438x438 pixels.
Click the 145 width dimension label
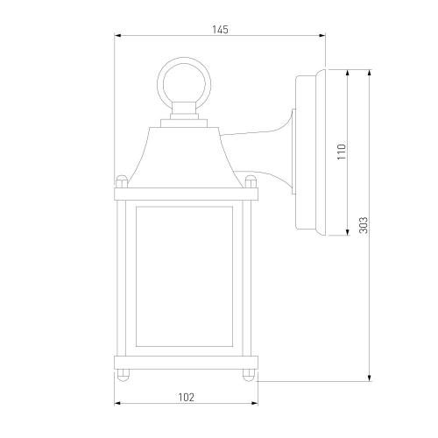pos(220,30)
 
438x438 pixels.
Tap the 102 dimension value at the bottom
pos(186,397)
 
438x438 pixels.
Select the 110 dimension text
pos(342,152)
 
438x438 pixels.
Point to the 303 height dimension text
pos(364,225)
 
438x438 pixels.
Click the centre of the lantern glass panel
pos(184,277)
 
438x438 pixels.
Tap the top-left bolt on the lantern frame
pos(122,181)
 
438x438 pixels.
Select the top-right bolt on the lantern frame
pos(251,181)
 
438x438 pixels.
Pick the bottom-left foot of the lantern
pos(123,375)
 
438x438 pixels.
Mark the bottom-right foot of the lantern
pos(249,375)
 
